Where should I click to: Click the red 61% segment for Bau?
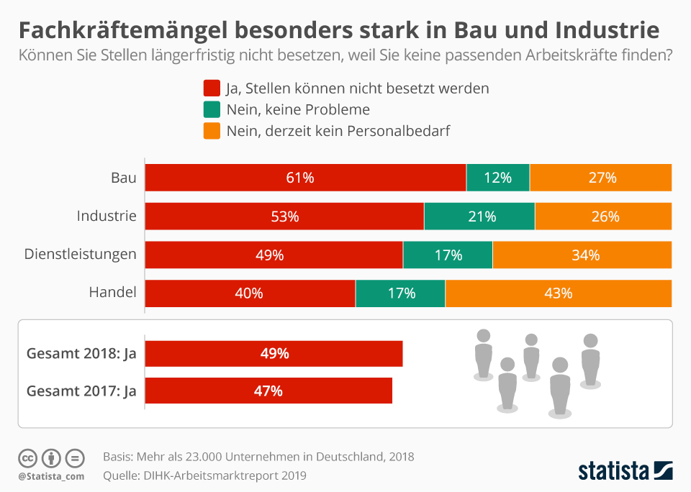coord(305,178)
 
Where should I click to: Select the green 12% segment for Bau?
coord(497,178)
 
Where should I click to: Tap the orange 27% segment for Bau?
coord(601,178)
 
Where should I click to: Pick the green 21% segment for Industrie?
coord(479,217)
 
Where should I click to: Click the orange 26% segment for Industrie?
coord(603,217)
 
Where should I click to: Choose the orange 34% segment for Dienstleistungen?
coord(582,255)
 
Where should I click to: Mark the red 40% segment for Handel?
coord(250,293)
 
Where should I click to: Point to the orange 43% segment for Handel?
coord(559,293)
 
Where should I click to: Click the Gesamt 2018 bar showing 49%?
coord(274,354)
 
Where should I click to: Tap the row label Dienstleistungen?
coord(81,254)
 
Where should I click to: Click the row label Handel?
coord(112,293)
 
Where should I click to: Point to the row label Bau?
coord(123,177)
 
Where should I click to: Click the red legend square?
coord(212,88)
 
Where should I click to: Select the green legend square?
coord(212,110)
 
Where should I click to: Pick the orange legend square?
coord(212,131)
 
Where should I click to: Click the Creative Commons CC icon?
coord(28,457)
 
